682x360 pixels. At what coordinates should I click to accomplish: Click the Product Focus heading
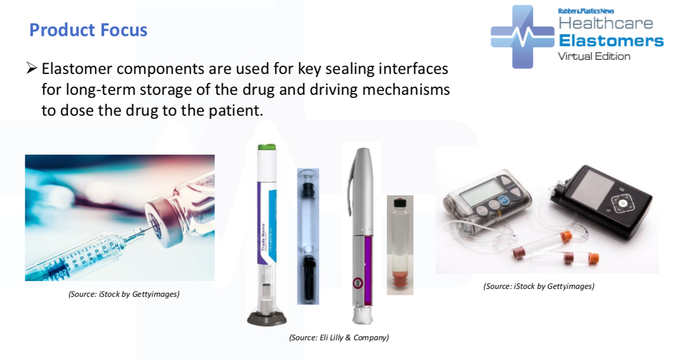pyautogui.click(x=88, y=30)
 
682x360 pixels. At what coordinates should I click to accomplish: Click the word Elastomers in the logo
pyautogui.click(x=611, y=41)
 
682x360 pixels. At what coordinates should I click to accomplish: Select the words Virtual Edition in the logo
pyautogui.click(x=594, y=56)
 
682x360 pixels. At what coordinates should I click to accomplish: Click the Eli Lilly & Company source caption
pyautogui.click(x=339, y=337)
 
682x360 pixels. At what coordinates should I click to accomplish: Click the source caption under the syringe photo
pyautogui.click(x=124, y=294)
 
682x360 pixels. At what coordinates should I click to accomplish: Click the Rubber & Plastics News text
pyautogui.click(x=585, y=11)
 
